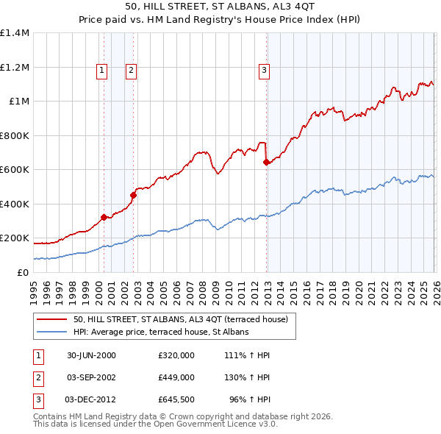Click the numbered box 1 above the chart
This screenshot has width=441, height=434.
(101, 71)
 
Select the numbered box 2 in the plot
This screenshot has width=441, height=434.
(130, 71)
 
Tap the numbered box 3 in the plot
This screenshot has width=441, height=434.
(264, 71)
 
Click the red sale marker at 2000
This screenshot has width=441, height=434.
(104, 217)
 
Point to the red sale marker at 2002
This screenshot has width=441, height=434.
(133, 195)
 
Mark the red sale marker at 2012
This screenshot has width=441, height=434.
(266, 163)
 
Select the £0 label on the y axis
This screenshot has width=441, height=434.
(24, 272)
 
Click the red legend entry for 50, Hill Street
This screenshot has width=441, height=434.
(184, 320)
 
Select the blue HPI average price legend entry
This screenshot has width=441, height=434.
(161, 332)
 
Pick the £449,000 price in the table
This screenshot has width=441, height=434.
(176, 377)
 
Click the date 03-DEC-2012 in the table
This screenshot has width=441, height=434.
(90, 400)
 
